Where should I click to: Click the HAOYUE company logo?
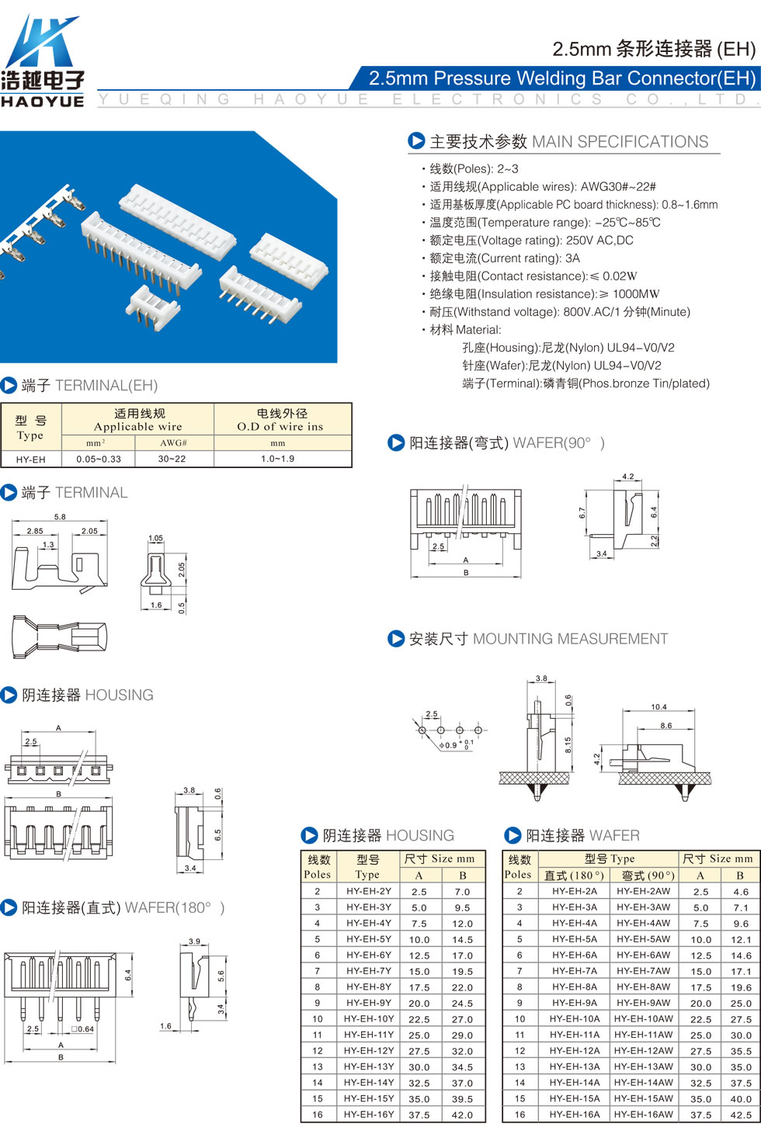42,61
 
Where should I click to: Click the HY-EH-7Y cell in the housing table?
369,971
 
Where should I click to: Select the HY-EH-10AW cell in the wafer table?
643,1018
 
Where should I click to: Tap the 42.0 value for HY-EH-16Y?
462,1115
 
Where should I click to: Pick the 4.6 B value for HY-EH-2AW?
741,891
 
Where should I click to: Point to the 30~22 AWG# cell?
172,459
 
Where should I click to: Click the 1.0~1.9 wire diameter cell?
278,459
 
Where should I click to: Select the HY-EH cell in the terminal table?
30,460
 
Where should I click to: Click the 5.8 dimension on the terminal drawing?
60,516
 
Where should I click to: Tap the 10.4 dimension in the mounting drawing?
658,707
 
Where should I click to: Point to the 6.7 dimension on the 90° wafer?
582,513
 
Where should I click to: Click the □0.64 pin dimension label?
82,1029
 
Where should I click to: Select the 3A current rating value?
572,258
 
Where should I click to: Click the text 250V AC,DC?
599,241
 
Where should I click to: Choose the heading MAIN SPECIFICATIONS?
620,141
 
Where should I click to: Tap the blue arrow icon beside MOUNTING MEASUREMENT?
396,638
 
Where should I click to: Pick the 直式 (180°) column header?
574,876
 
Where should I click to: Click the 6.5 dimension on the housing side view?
217,835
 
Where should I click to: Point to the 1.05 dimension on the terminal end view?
155,538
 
